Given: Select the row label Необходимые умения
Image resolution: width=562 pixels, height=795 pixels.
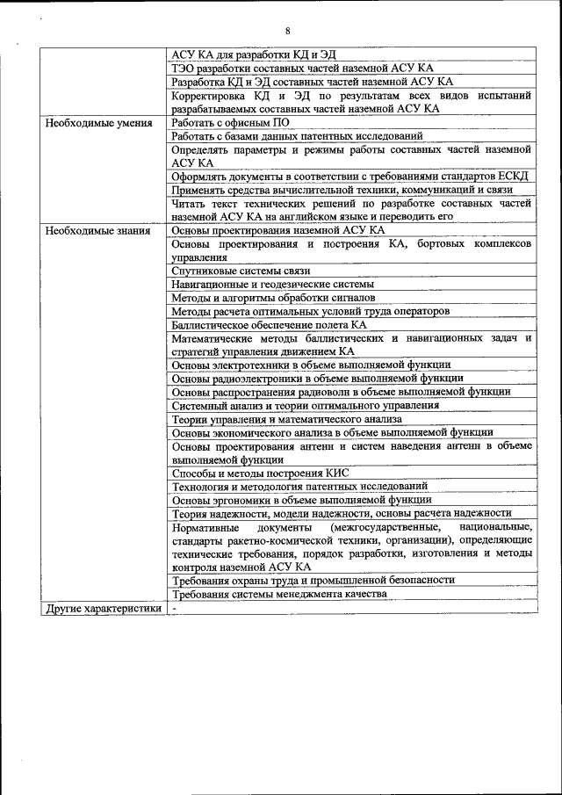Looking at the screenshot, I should click(99, 123).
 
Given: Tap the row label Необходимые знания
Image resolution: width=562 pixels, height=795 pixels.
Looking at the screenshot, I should click(97, 230).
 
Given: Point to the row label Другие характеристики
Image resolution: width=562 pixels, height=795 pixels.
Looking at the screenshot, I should click(104, 608).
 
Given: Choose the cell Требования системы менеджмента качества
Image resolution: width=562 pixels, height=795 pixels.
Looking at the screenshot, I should click(279, 594).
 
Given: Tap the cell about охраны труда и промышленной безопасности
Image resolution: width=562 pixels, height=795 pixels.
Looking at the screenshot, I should click(313, 580).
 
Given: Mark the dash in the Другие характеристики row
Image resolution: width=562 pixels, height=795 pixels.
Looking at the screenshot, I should click(175, 608).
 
